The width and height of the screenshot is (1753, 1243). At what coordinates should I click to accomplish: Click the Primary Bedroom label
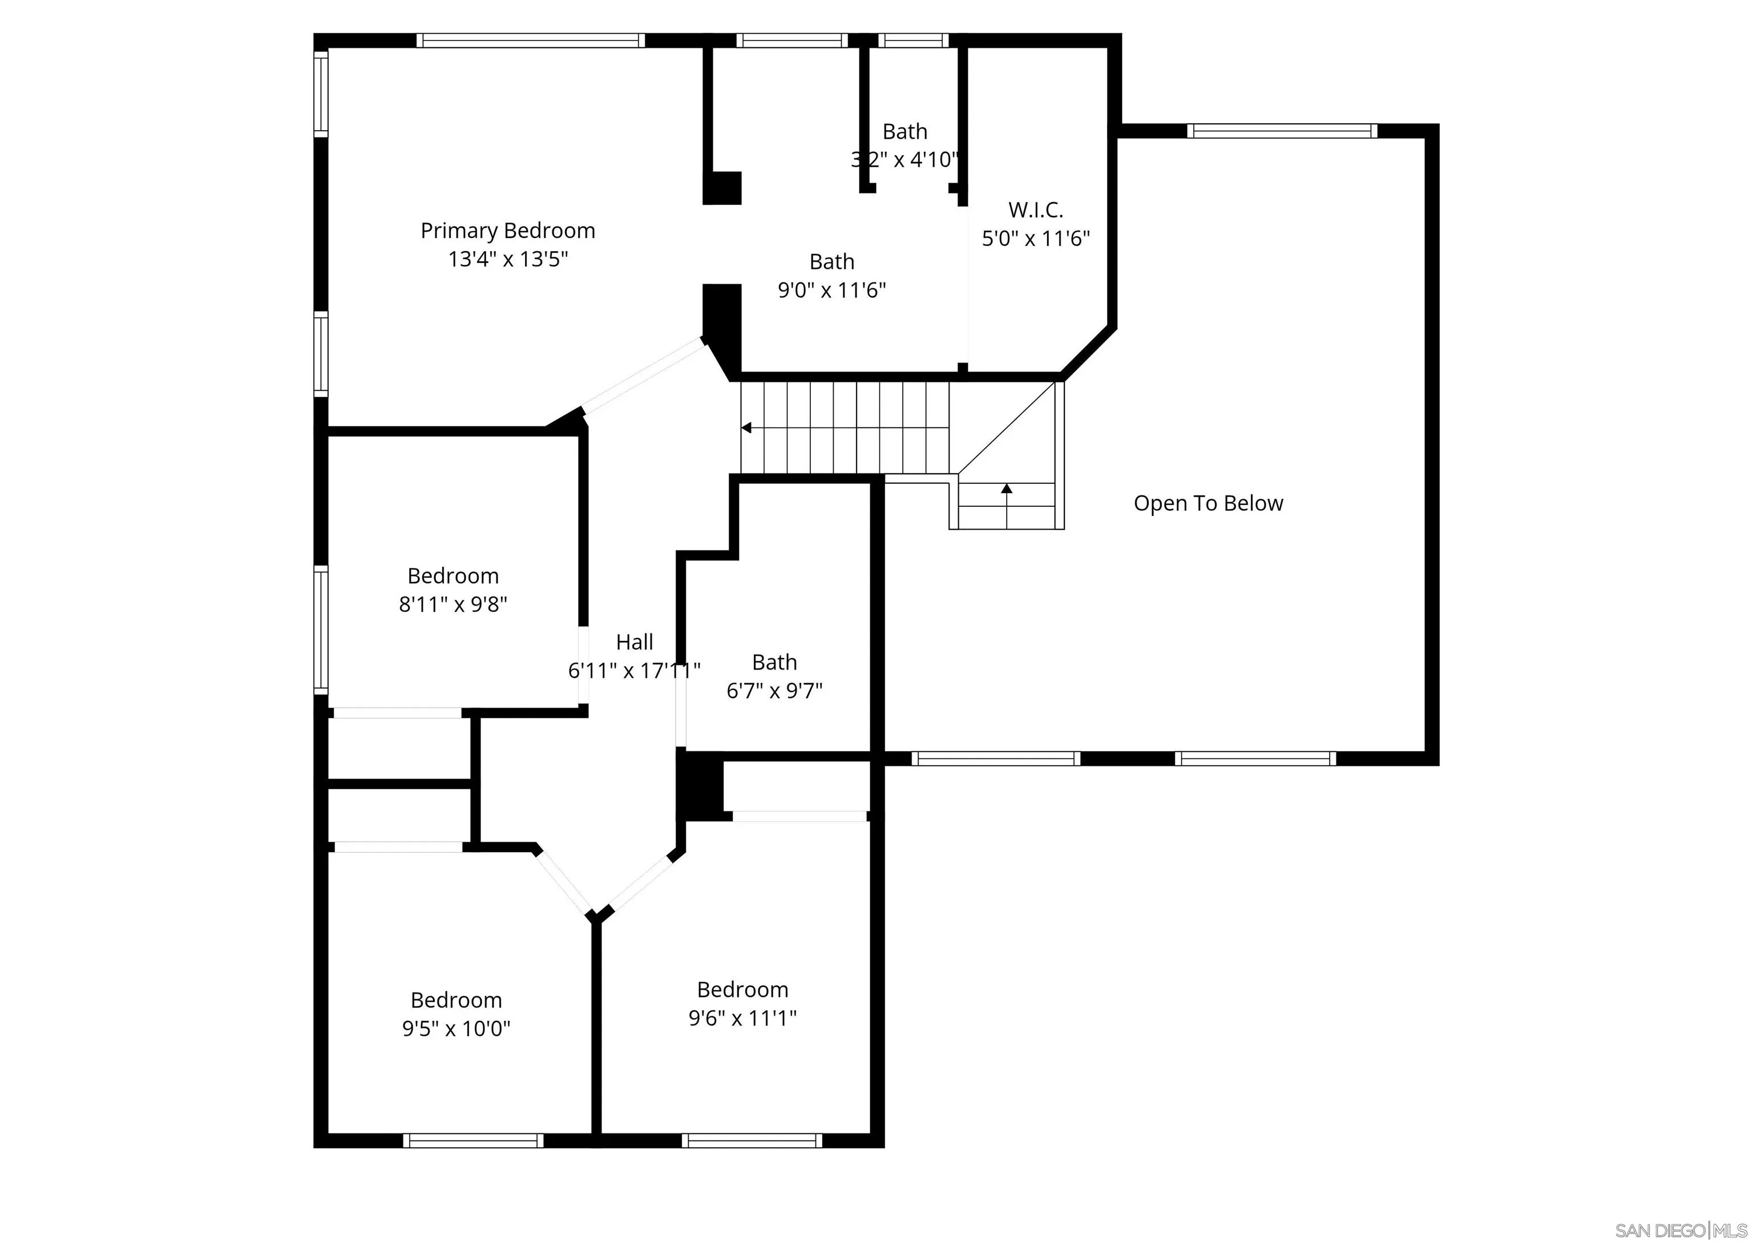click(507, 231)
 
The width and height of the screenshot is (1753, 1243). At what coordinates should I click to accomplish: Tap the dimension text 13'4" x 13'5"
click(507, 259)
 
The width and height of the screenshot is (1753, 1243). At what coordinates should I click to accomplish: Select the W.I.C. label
click(1035, 209)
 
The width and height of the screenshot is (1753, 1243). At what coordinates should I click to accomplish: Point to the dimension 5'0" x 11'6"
click(1035, 238)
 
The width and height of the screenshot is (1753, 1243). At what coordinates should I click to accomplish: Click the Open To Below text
click(1207, 503)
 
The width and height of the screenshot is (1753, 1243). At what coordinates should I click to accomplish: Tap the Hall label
click(635, 641)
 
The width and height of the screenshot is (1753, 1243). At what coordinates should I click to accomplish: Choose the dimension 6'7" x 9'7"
click(774, 691)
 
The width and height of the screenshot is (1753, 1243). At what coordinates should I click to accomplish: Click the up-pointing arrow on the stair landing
click(1006, 487)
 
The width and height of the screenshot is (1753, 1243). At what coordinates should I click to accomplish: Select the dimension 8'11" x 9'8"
click(453, 604)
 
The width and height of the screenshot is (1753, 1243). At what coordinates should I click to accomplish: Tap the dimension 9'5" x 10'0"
click(456, 1028)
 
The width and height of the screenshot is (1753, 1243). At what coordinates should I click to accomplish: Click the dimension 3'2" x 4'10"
click(904, 159)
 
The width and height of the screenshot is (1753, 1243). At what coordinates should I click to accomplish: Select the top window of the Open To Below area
click(1282, 131)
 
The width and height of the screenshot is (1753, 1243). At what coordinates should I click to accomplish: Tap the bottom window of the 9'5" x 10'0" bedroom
click(473, 1140)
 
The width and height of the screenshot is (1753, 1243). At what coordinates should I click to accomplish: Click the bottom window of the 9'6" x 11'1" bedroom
click(752, 1140)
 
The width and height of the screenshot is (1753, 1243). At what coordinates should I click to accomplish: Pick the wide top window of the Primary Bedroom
click(530, 41)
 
